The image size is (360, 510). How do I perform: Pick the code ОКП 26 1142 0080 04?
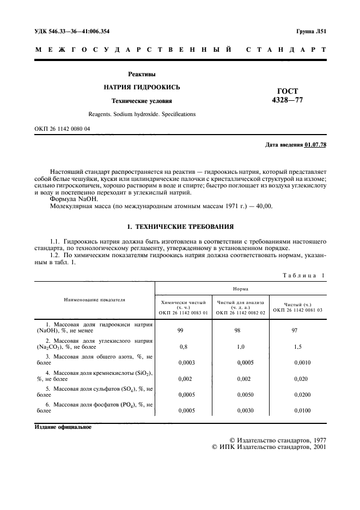pyautogui.click(x=63, y=129)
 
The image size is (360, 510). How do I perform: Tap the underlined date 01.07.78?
pyautogui.click(x=315, y=144)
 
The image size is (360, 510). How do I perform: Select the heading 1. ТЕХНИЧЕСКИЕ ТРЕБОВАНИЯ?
pyautogui.click(x=180, y=226)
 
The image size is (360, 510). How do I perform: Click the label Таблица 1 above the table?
pyautogui.click(x=303, y=275)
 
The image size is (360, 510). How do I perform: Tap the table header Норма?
pyautogui.click(x=241, y=290)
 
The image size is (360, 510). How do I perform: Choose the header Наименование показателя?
pyautogui.click(x=95, y=299)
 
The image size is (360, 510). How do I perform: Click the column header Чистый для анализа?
pyautogui.click(x=240, y=301)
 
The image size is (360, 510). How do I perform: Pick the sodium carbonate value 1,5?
pyautogui.click(x=297, y=347)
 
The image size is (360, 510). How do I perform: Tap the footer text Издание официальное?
pyautogui.click(x=63, y=427)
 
